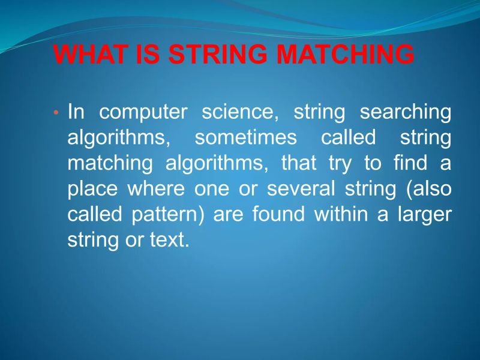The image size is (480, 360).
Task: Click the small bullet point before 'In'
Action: [x=56, y=113]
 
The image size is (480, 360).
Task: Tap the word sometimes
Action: [x=246, y=138]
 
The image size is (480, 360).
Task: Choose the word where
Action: [x=157, y=189]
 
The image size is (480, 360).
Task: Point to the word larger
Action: [x=425, y=215]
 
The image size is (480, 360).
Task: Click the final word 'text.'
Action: [x=169, y=240]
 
